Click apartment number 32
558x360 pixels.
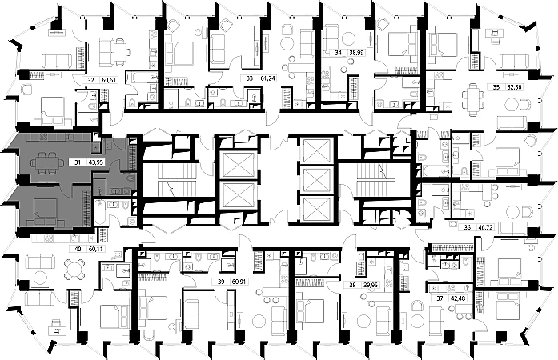coord(90,80)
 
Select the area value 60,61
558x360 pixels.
coord(108,80)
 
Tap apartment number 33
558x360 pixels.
coord(250,78)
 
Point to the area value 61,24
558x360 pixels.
coord(267,78)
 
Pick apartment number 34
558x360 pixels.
coord(338,54)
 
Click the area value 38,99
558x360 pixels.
coord(356,54)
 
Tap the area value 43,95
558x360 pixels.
coord(96,162)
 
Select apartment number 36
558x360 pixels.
coord(468,227)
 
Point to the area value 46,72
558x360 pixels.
coord(486,227)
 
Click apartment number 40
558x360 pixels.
coord(78,249)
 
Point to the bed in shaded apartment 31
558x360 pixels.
coord(44,210)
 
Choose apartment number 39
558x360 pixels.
coord(219,282)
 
